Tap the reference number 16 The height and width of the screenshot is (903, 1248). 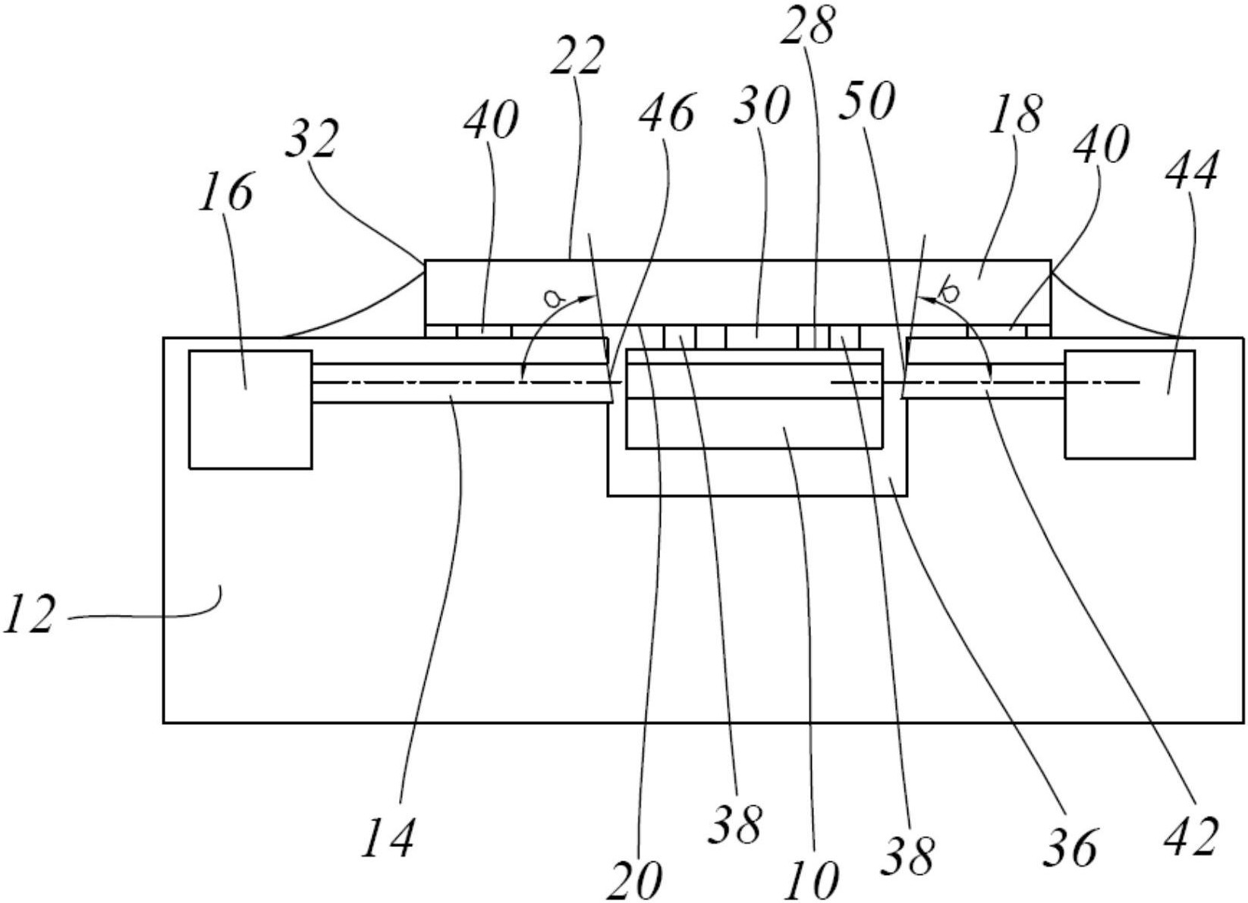point(225,191)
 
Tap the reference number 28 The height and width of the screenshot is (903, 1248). point(808,24)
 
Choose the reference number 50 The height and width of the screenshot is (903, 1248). point(867,100)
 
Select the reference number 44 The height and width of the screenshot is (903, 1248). point(1191,171)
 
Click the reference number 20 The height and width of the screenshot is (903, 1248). point(634,881)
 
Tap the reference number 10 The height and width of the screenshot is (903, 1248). point(811,881)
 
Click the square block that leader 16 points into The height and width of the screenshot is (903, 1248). point(250,409)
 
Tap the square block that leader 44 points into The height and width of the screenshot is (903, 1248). point(1130,404)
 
